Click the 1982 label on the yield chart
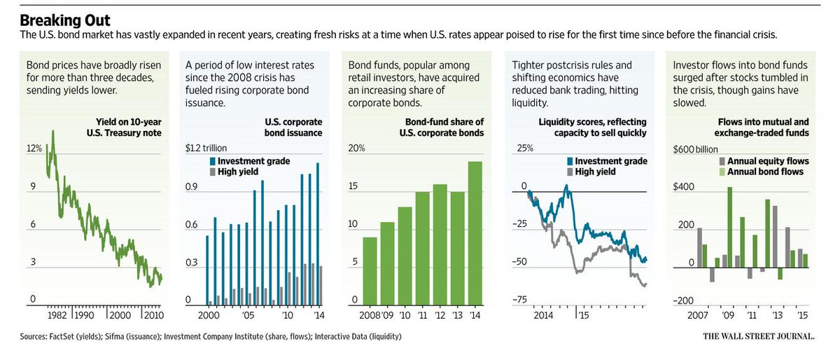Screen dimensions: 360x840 [55, 315]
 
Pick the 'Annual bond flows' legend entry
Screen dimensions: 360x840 [764, 172]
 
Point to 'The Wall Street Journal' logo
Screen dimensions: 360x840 [759, 337]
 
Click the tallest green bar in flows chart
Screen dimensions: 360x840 [730, 227]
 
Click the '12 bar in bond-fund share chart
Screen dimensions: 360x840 [440, 244]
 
